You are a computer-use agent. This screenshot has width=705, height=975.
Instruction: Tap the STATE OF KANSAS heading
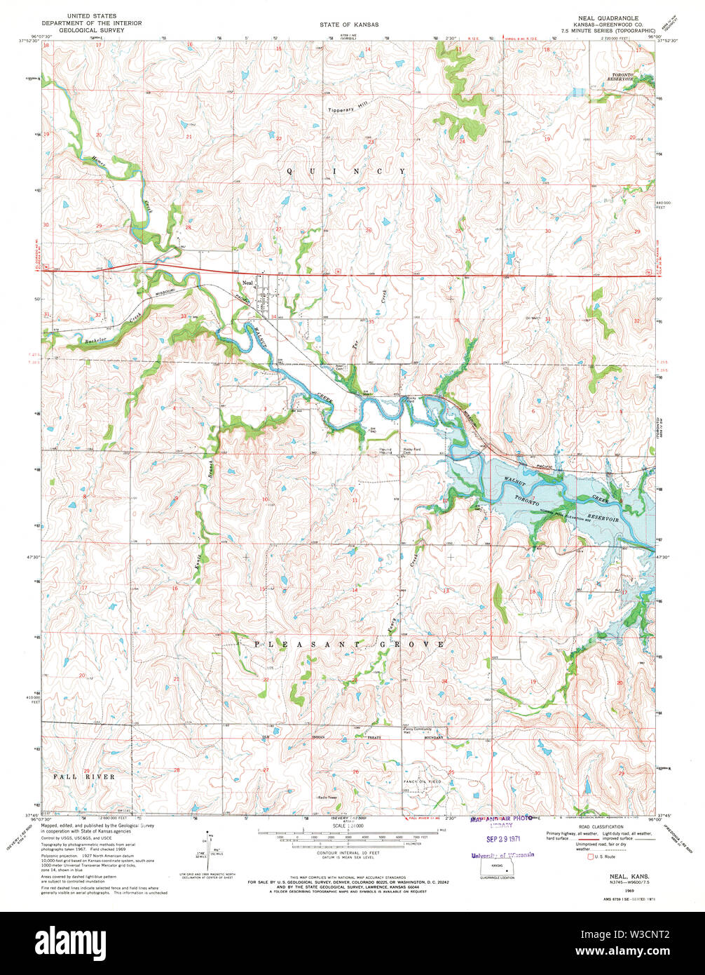pos(349,25)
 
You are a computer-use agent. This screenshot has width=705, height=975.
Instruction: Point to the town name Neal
pos(247,283)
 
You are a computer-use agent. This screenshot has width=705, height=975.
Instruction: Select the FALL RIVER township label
pos(83,776)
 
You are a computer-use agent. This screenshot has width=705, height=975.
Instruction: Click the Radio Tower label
pos(328,798)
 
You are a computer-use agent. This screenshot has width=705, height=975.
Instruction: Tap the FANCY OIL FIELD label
pos(422,781)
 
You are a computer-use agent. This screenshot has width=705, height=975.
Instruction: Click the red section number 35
pos(371,322)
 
